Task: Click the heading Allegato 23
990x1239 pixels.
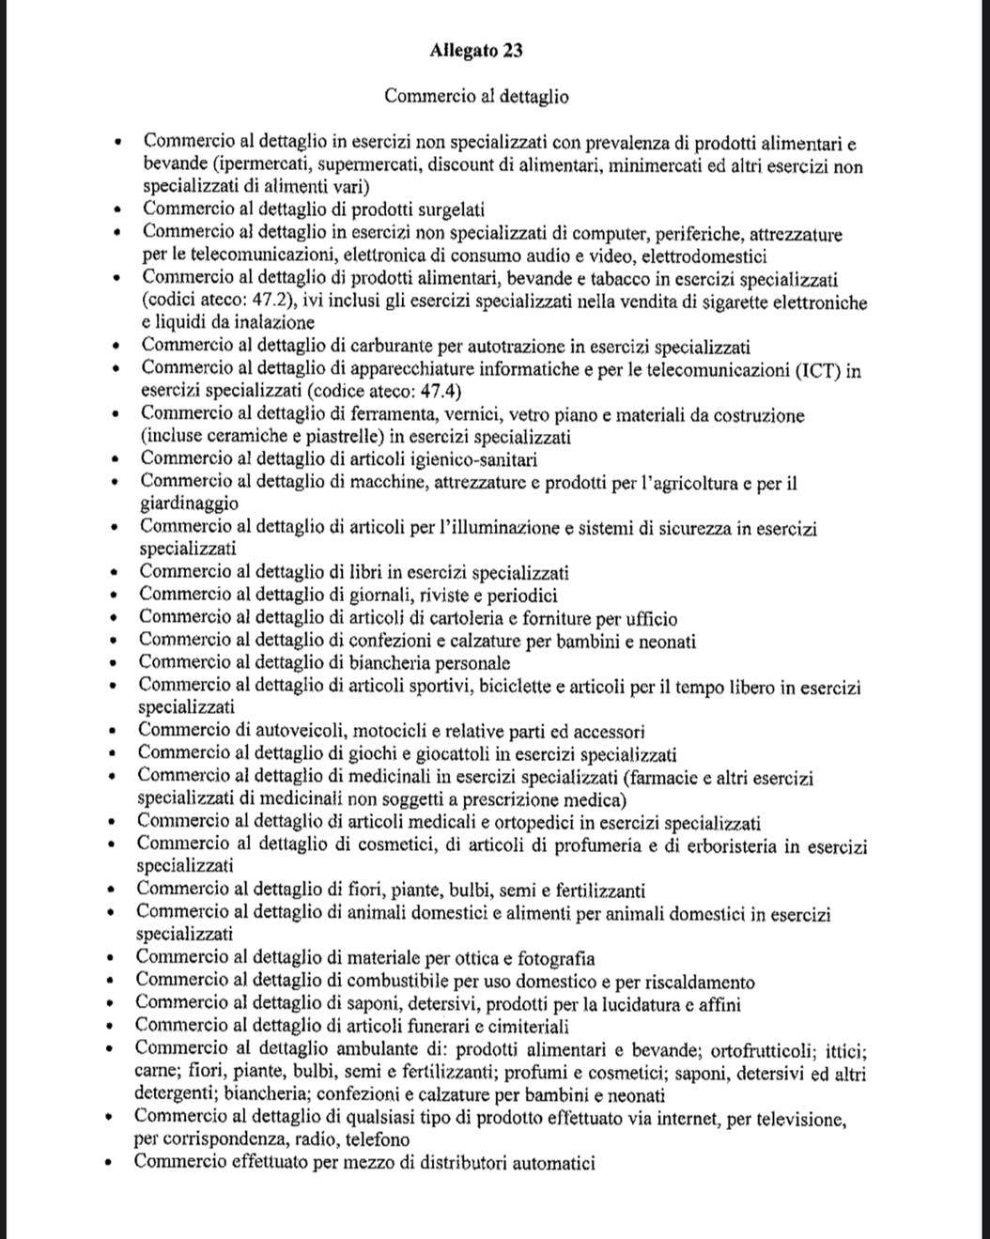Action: (476, 51)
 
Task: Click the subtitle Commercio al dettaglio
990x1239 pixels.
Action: (476, 96)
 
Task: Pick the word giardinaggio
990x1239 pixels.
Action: (189, 504)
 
